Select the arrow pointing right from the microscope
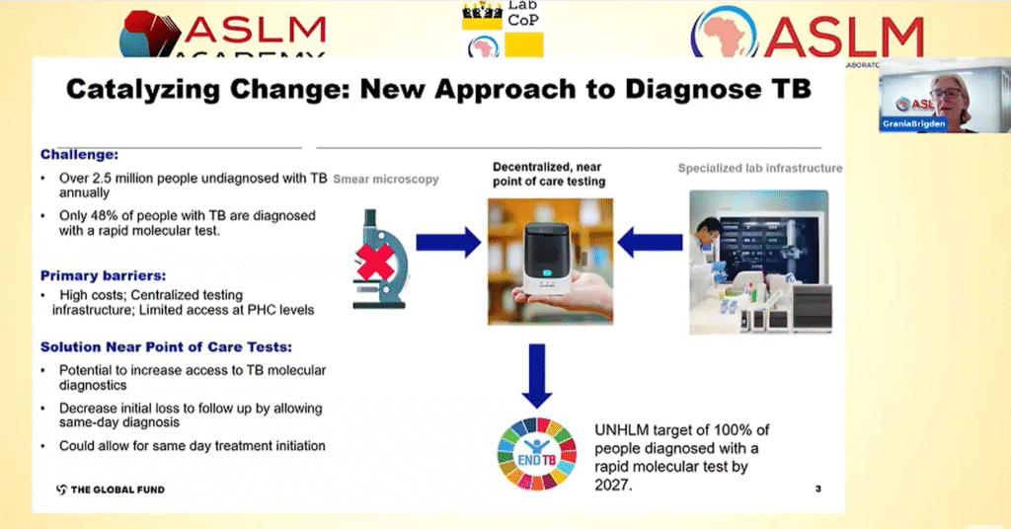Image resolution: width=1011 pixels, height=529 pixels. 447,243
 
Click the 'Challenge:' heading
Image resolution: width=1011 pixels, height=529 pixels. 79,155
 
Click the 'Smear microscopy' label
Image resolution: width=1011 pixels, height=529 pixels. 386,180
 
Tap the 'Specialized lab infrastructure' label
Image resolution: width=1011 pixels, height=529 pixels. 760,169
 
